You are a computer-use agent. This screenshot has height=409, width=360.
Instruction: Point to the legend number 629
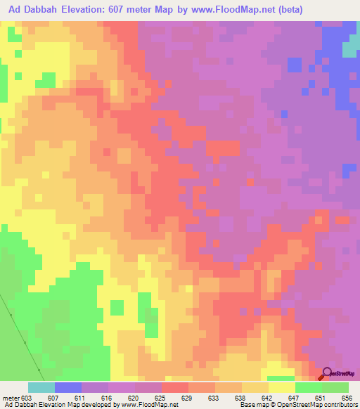(188, 398)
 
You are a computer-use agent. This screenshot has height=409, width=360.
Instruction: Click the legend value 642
(269, 398)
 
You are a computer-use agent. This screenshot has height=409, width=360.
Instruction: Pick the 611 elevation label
(82, 398)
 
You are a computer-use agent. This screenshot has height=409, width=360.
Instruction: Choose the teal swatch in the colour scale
(41, 387)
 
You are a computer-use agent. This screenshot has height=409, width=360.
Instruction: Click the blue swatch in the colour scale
(68, 387)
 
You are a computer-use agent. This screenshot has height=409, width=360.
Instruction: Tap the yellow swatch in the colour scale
(282, 387)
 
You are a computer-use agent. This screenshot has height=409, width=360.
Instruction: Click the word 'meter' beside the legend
(11, 398)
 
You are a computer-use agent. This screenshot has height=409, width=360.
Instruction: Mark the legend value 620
(135, 398)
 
